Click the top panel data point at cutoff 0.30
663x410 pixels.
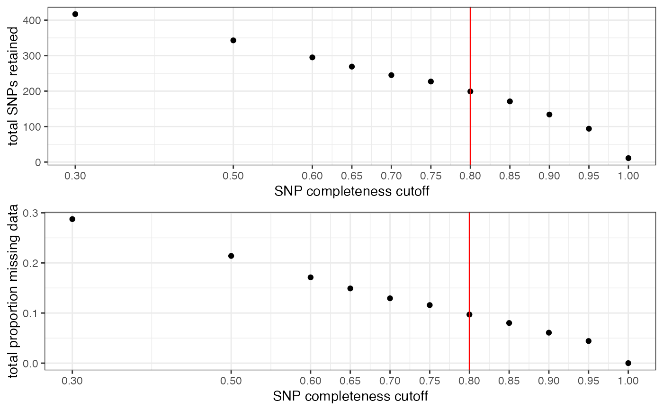(x=75, y=14)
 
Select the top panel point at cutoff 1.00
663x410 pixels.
(x=628, y=158)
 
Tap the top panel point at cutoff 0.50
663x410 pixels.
(x=233, y=40)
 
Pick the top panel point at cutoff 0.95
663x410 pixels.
(x=589, y=129)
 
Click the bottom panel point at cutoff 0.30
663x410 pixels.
(x=72, y=219)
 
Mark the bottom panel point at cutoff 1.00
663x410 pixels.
(x=628, y=363)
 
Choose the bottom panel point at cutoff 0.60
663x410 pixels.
(x=311, y=277)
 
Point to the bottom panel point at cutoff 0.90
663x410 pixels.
(x=549, y=333)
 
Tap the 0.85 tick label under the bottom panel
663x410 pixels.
(x=509, y=381)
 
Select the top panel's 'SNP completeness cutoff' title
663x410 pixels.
(x=352, y=191)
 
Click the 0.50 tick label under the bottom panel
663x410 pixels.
(x=231, y=381)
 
